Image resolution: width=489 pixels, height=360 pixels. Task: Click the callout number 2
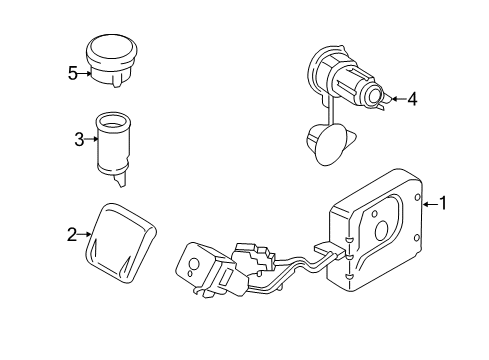point(71,235)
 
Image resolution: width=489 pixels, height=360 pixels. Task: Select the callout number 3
point(79,140)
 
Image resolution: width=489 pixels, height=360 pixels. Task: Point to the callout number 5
point(71,72)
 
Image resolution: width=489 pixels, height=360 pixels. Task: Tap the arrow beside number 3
point(92,140)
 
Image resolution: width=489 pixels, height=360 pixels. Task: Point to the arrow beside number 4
point(396,98)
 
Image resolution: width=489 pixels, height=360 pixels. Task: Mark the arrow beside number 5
point(84,72)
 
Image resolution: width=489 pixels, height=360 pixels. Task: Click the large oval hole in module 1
point(382,231)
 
